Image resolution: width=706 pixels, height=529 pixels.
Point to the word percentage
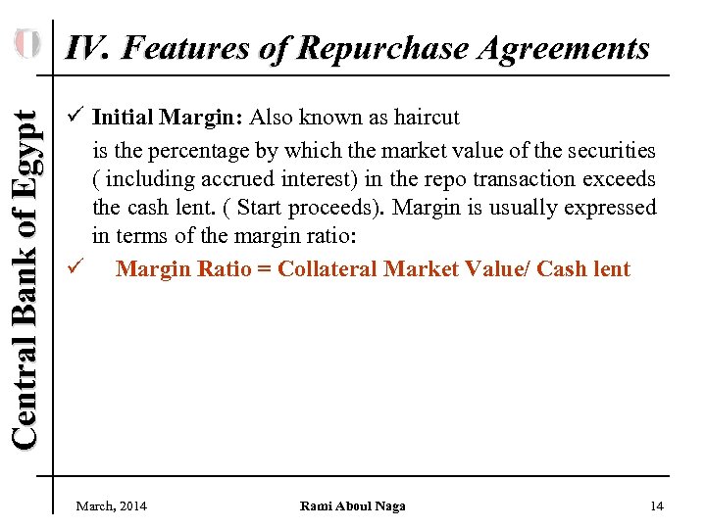tap(192, 150)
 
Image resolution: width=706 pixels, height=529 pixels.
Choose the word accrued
tap(271, 179)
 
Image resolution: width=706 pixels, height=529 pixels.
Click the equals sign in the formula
tap(264, 269)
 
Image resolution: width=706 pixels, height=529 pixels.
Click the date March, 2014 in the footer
tap(112, 505)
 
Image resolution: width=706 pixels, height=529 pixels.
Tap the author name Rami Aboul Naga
tap(353, 505)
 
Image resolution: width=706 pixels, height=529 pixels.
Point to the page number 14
tap(657, 505)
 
